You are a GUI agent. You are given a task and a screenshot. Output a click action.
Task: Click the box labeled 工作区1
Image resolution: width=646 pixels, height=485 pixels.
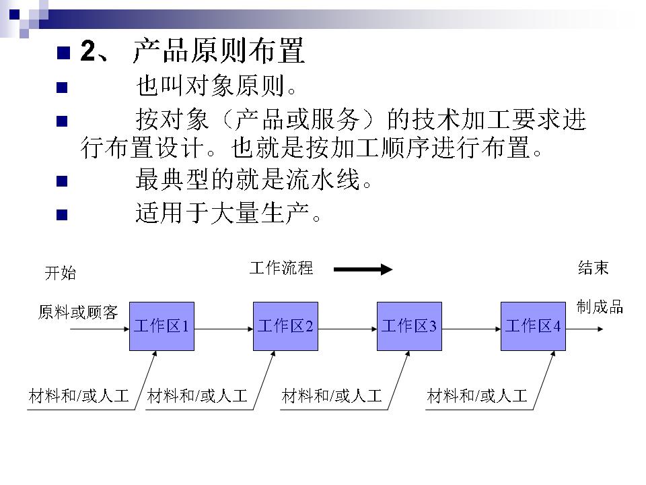[x=161, y=327]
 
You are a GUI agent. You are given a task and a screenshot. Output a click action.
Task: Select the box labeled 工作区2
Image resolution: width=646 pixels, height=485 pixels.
[x=285, y=327]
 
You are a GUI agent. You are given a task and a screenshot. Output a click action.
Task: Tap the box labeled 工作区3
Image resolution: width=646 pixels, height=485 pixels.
[x=409, y=327]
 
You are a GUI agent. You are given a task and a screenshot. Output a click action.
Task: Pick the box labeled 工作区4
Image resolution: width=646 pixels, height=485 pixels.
[x=533, y=327]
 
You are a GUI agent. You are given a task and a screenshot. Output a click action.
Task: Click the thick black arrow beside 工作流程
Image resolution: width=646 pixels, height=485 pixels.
[x=363, y=269]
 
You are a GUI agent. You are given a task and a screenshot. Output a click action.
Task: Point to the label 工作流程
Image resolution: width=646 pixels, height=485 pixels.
[x=281, y=268]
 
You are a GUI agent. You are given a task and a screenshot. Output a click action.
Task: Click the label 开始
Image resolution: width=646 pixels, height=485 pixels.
[x=60, y=273]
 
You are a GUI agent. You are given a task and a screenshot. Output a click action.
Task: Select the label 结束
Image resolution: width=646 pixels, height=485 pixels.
[x=593, y=268]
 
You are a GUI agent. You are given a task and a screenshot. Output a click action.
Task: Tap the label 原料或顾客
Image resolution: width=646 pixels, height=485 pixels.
[x=78, y=312]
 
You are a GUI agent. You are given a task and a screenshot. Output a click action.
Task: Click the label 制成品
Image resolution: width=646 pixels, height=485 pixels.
[x=600, y=307]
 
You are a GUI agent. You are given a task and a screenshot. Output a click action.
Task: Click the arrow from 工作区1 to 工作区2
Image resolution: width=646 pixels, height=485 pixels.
[x=223, y=327]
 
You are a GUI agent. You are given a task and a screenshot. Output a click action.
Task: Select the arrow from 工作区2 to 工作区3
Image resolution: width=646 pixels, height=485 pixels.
[x=347, y=327]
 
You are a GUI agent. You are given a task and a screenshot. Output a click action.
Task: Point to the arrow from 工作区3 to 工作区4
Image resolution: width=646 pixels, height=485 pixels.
[x=471, y=327]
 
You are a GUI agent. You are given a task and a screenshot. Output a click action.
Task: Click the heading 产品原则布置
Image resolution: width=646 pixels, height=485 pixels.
[x=218, y=51]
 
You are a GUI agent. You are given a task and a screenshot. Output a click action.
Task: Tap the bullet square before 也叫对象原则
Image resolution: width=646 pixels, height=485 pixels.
[x=63, y=87]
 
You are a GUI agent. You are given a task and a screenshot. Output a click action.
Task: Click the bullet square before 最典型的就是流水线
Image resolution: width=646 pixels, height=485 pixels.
[x=63, y=181]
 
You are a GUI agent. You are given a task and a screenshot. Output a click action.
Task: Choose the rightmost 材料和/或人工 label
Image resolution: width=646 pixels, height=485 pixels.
[x=477, y=396]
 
